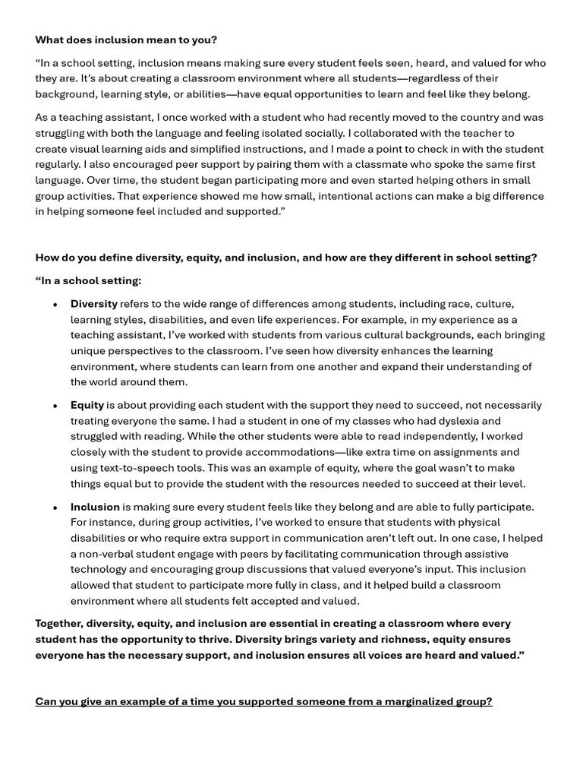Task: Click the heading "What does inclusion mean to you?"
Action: tap(125, 40)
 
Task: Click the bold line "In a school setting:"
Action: tap(88, 280)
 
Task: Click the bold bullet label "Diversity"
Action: tap(94, 304)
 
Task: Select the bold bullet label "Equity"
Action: tap(87, 405)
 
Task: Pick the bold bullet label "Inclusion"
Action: tap(95, 507)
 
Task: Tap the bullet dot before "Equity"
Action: tap(55, 406)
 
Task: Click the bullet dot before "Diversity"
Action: tap(55, 305)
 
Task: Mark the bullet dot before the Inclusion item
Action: tap(55, 508)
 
